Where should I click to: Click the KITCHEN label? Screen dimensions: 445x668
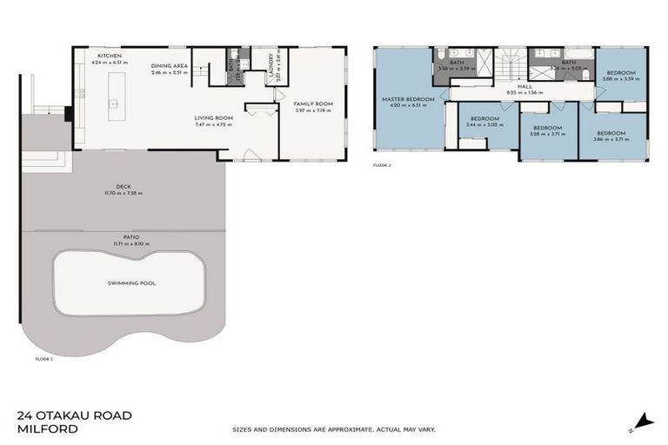pos(110,56)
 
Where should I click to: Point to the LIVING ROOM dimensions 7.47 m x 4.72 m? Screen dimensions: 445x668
pos(213,123)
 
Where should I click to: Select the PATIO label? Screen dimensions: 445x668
pos(125,236)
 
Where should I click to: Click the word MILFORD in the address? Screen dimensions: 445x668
pos(45,429)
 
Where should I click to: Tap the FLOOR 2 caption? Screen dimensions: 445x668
pos(383,164)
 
